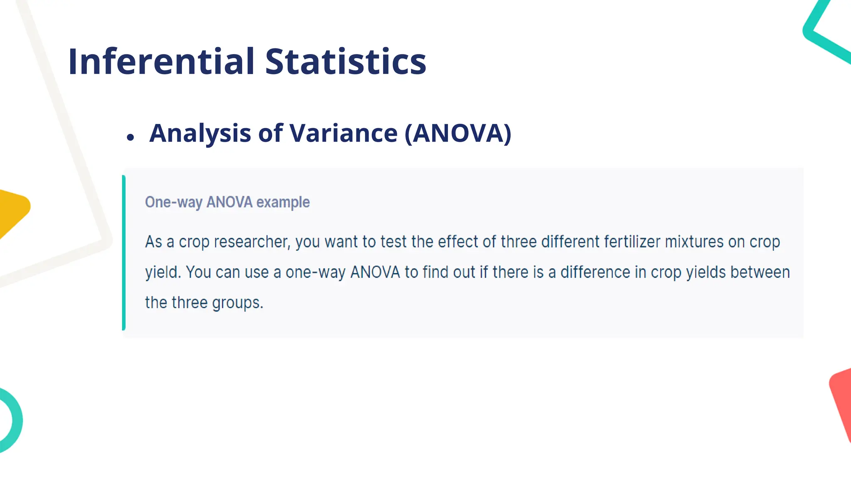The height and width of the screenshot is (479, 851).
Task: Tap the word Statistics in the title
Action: [x=346, y=62]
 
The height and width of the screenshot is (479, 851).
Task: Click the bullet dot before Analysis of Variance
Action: [x=131, y=137]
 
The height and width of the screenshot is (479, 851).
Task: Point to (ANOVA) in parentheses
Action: [x=458, y=133]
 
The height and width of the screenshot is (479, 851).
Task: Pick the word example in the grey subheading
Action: [x=283, y=202]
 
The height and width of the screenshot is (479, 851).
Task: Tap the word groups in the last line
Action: [x=238, y=303]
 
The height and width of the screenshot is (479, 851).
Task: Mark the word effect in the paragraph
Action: [x=458, y=242]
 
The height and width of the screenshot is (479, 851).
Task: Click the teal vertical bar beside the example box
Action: [x=124, y=252]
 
